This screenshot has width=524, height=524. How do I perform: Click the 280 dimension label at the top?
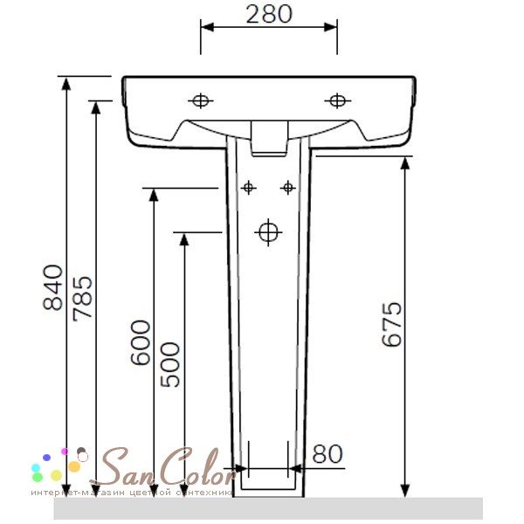(x=269, y=15)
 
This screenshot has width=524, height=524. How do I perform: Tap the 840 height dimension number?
(x=53, y=287)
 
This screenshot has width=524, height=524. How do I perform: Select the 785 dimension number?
(x=83, y=299)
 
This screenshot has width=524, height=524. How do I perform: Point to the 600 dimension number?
(x=141, y=342)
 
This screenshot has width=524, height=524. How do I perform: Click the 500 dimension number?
(x=170, y=364)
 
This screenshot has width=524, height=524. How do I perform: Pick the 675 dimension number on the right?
(x=391, y=324)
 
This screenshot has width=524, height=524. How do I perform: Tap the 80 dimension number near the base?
(x=327, y=454)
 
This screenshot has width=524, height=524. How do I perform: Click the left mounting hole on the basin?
(x=201, y=100)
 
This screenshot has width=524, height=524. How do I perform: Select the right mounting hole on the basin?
(x=337, y=100)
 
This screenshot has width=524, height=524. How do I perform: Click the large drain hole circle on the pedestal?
(x=268, y=232)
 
